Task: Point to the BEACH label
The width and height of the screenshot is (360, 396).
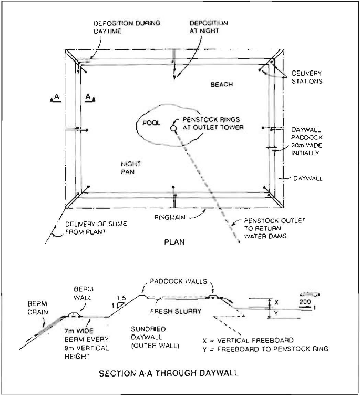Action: tap(221, 84)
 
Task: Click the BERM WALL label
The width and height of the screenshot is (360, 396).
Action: tap(81, 293)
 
